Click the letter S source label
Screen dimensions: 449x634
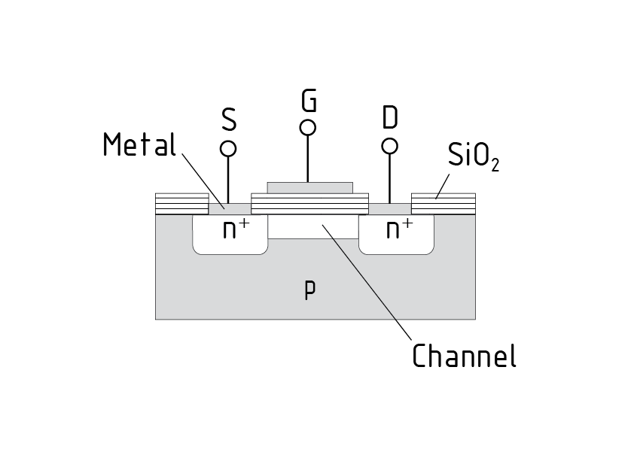coord(229,119)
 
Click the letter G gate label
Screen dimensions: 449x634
coord(308,99)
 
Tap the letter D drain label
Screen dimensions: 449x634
coord(390,117)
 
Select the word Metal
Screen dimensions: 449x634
coord(139,144)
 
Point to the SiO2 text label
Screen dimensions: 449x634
coord(473,156)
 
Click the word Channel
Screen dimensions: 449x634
coord(464,355)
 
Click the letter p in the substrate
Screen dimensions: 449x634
coord(309,290)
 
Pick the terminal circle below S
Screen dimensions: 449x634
coord(228,149)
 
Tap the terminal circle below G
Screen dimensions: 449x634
coord(307,127)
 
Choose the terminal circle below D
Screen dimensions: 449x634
coord(390,146)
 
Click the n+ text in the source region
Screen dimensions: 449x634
coord(236,229)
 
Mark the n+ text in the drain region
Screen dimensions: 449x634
coord(399,229)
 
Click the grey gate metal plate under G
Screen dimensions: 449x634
coord(309,187)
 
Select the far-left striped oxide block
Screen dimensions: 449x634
coord(181,204)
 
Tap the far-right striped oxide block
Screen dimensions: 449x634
coord(443,204)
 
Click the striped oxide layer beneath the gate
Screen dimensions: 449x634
coord(309,204)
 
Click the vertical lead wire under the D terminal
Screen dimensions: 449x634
coord(390,177)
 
